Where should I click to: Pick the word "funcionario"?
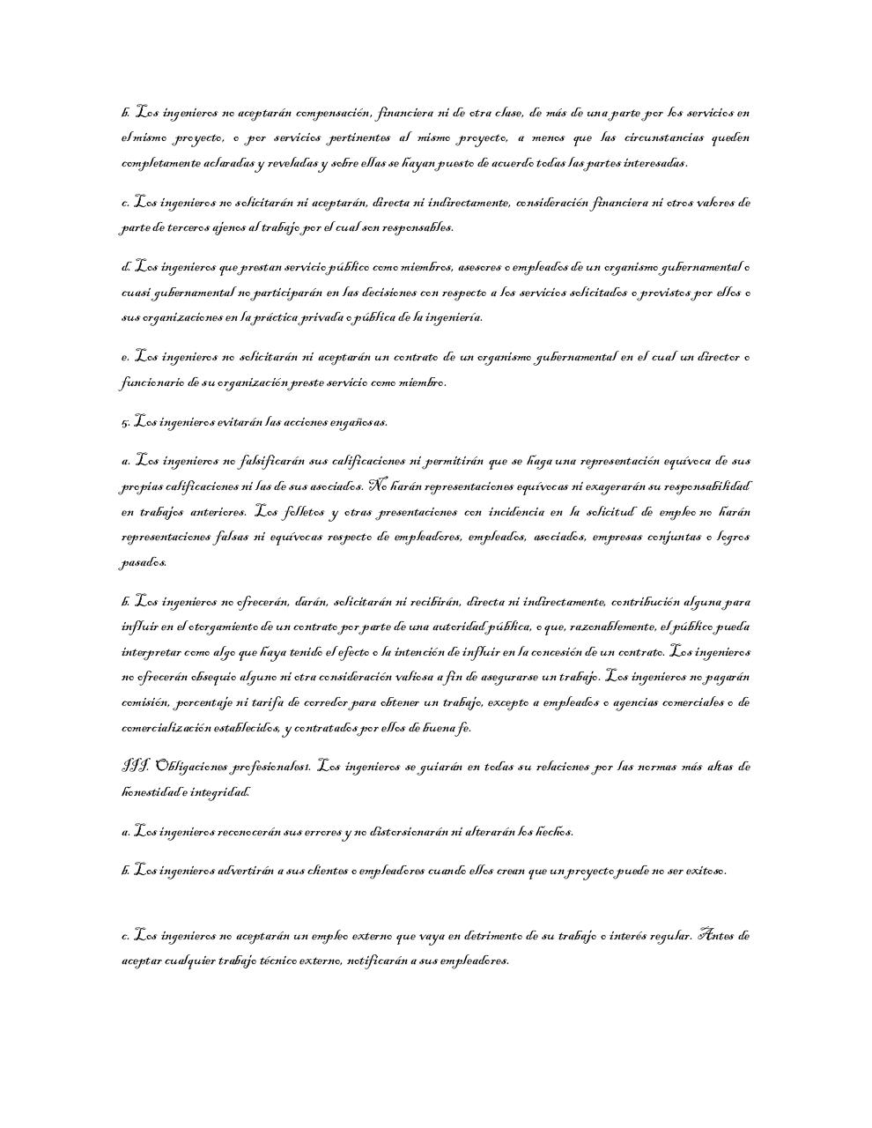tap(153, 383)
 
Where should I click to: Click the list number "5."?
tap(126, 423)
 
